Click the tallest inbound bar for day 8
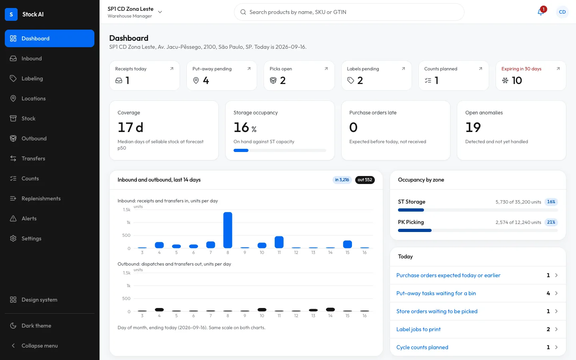coord(228,230)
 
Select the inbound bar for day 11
coord(279,242)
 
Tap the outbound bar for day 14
coord(330,310)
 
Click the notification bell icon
coord(540,12)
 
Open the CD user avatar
coord(562,12)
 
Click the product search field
coord(349,12)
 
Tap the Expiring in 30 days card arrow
coord(558,69)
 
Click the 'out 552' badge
coord(365,180)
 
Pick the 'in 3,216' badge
coord(342,180)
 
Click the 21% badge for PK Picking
coord(551,222)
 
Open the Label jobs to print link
coord(418,329)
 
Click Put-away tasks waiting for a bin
coord(436,293)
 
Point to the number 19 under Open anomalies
coord(473,127)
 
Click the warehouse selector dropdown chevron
coord(160,12)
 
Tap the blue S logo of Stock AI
coord(11,14)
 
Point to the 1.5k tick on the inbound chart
coord(127,210)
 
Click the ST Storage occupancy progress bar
coord(478,210)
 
